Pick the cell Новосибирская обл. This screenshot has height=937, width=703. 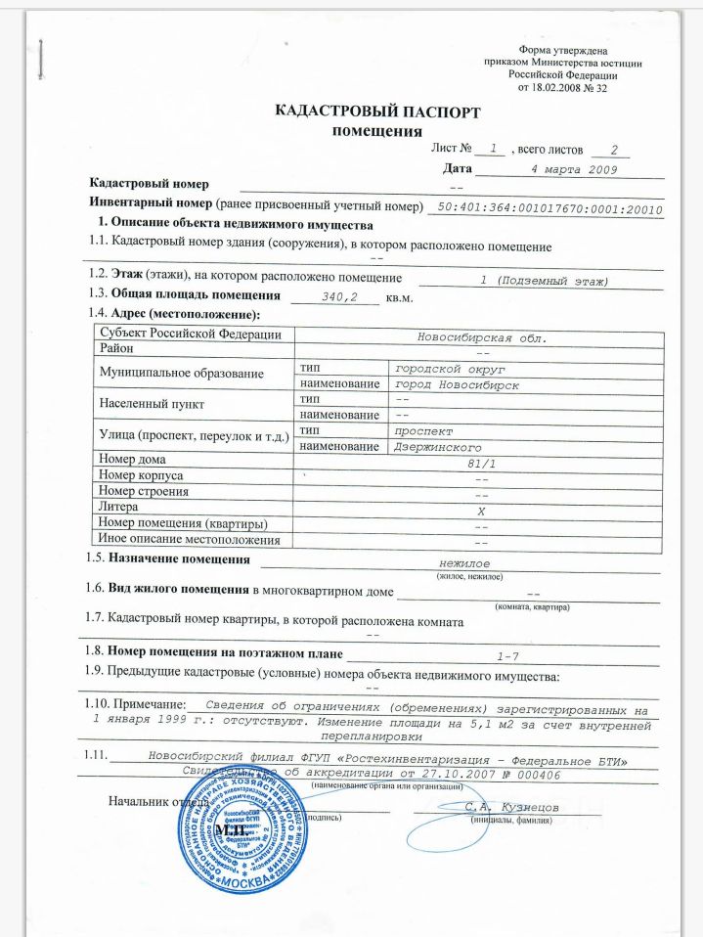click(480, 338)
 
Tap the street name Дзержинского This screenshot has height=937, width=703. click(435, 447)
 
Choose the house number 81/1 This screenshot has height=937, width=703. click(480, 463)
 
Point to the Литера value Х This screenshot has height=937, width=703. click(480, 510)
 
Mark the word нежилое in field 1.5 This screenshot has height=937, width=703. click(464, 565)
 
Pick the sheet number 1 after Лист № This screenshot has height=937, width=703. click(495, 149)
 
